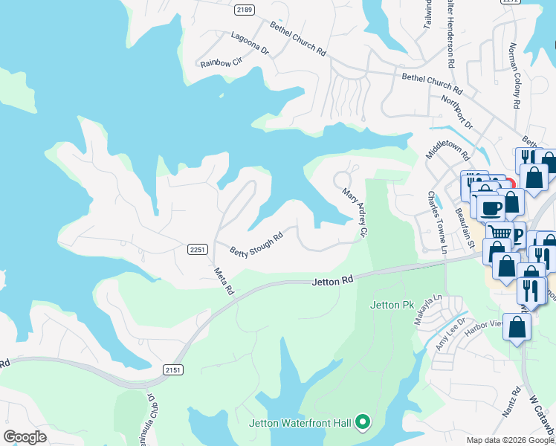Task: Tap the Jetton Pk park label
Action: pyautogui.click(x=392, y=305)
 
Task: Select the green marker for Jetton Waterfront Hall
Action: pyautogui.click(x=363, y=423)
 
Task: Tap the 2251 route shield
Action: pyautogui.click(x=197, y=250)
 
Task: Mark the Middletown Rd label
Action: pyautogui.click(x=447, y=147)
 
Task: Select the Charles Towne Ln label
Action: pyautogui.click(x=436, y=221)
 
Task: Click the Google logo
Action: pyautogui.click(x=25, y=437)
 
